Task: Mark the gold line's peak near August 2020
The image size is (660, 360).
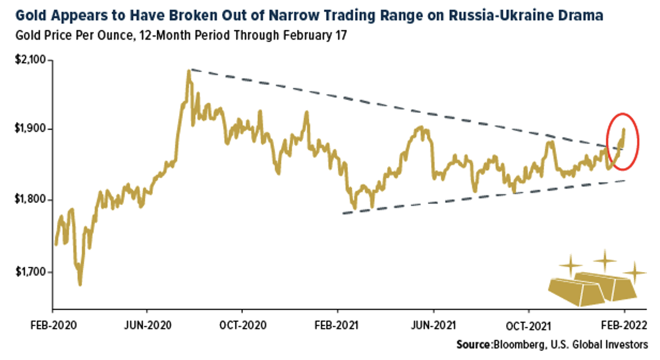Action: point(189,71)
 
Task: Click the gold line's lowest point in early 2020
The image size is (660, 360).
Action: point(79,285)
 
